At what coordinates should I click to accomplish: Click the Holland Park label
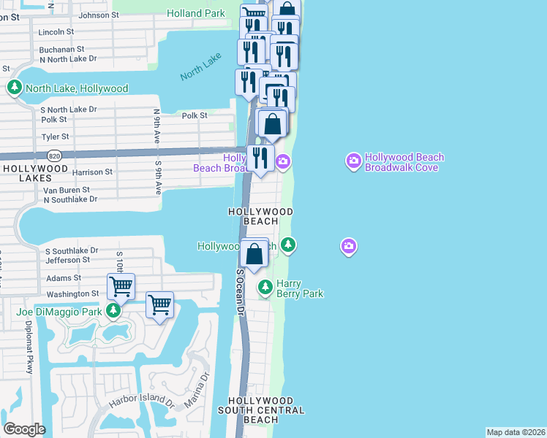point(196,13)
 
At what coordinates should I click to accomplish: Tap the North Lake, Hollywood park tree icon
point(14,88)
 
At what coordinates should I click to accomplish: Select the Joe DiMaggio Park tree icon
point(113,312)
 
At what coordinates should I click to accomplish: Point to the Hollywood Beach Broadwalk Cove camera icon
point(353,161)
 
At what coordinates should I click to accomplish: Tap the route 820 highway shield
point(55,155)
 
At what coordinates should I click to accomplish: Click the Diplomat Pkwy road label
point(29,347)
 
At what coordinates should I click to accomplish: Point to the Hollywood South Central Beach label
point(261,410)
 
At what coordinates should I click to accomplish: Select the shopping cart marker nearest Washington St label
point(121,285)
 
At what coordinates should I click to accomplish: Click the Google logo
point(24,429)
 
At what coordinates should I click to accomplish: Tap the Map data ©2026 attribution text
point(516,432)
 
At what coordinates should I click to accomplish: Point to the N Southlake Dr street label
point(71,199)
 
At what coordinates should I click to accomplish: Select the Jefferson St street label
point(67,259)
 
